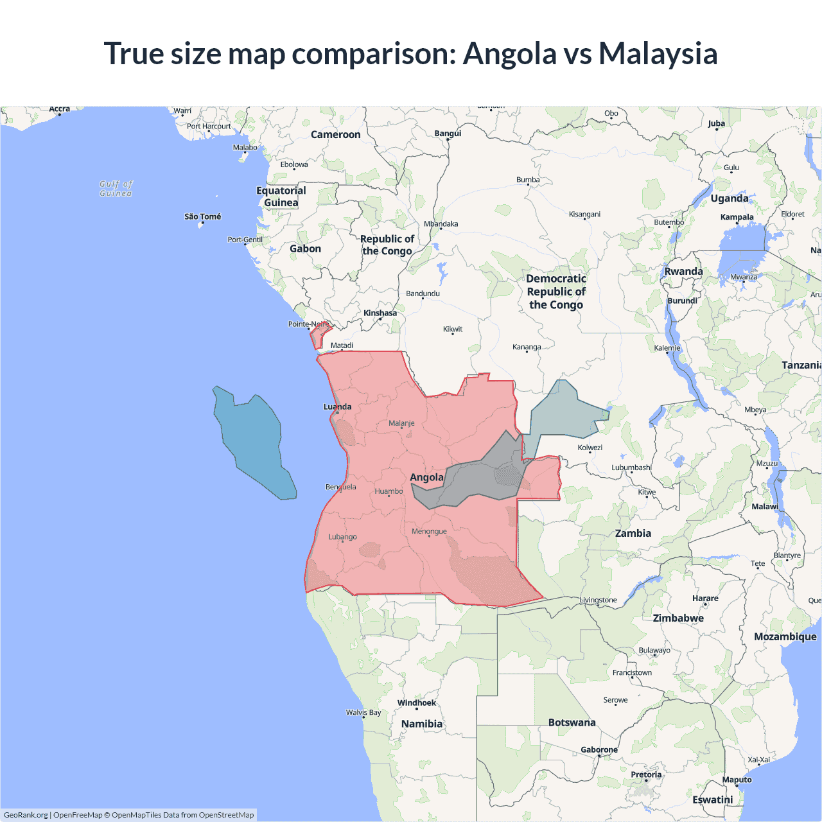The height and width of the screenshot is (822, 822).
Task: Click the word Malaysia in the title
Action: click(658, 53)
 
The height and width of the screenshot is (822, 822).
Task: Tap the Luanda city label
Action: click(337, 407)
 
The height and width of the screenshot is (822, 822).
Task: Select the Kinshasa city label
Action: click(380, 313)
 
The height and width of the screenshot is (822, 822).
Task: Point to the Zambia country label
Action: click(633, 533)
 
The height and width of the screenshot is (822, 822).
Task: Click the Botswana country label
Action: click(572, 722)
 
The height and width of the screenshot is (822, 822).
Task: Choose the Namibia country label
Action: click(421, 724)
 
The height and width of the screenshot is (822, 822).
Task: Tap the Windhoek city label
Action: click(416, 703)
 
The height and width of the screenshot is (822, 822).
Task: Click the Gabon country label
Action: click(305, 249)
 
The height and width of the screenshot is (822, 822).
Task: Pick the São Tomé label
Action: click(202, 216)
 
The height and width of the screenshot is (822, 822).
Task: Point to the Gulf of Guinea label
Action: click(116, 188)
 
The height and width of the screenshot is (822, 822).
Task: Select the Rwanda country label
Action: click(683, 271)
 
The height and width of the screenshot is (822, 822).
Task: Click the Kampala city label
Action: click(737, 217)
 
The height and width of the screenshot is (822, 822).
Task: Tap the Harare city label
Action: click(705, 598)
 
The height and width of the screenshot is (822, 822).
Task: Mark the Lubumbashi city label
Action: click(631, 468)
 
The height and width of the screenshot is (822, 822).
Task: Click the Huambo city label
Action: click(389, 491)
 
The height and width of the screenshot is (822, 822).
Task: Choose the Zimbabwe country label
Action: click(678, 618)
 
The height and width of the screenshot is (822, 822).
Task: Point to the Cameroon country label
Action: click(335, 134)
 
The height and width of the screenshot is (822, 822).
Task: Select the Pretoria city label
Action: click(645, 774)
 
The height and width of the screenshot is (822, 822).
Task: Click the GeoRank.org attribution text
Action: click(26, 815)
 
